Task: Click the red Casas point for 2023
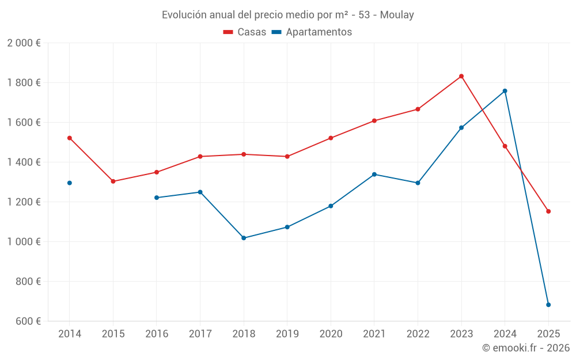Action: tap(461, 76)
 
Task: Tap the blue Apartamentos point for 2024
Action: tap(505, 91)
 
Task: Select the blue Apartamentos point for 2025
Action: tap(548, 305)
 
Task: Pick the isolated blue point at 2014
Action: tap(70, 183)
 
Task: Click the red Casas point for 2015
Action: tap(113, 181)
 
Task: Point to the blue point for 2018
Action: tap(244, 238)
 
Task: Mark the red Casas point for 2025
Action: tap(548, 211)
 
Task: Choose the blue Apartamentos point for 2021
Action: tap(374, 175)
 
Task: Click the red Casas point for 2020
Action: tap(331, 138)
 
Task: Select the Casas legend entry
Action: tap(245, 32)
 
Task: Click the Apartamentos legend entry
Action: tap(312, 32)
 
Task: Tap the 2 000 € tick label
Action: tap(24, 43)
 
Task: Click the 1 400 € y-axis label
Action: tap(24, 162)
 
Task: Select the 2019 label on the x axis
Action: tap(287, 334)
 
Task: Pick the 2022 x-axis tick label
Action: tap(418, 334)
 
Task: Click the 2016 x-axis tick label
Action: tap(157, 334)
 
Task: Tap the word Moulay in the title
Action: tap(397, 15)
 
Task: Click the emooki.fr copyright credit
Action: tap(526, 348)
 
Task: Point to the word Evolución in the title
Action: tap(184, 15)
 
